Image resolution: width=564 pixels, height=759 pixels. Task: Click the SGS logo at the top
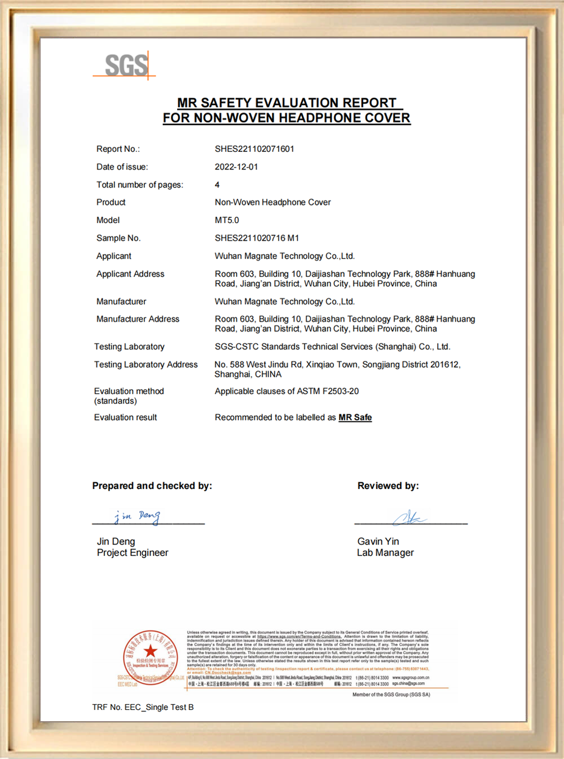coord(126,66)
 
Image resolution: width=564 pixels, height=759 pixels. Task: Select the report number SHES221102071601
coord(254,149)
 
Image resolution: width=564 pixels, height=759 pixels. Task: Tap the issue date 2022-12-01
coord(236,167)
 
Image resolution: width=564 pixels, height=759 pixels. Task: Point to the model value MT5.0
coord(227,220)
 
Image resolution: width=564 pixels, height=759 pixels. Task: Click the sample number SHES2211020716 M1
coord(257,238)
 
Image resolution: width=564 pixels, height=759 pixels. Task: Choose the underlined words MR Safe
coord(355,417)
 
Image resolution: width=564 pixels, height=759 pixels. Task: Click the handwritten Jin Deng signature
coord(138,516)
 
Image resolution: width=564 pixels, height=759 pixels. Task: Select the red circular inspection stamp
coord(150,657)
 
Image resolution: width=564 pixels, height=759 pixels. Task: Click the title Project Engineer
coord(133,553)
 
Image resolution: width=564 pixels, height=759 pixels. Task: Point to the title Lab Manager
coord(385,553)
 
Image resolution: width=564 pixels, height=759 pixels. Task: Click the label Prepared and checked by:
coord(152,486)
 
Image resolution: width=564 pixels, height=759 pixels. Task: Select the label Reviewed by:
coord(388,486)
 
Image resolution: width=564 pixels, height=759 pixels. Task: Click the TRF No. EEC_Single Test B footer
coord(143,707)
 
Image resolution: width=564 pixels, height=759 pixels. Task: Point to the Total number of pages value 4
coord(217,185)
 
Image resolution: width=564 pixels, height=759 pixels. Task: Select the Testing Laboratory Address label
coord(146,365)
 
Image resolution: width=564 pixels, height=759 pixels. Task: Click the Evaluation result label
coord(125,417)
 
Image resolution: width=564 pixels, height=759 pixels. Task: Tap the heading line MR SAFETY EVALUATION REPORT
coord(287,103)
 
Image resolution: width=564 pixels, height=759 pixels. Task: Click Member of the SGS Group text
coord(391,695)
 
